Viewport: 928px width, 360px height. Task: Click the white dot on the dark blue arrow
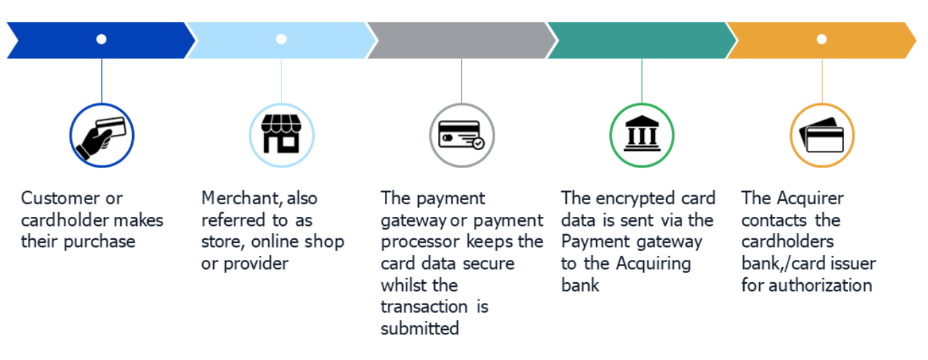[x=101, y=40]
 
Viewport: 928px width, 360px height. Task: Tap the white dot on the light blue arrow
[x=281, y=40]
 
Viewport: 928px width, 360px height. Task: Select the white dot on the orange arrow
[x=822, y=40]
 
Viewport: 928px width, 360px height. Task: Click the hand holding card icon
[x=101, y=138]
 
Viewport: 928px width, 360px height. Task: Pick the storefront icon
[x=281, y=133]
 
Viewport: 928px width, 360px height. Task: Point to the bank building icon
[x=642, y=133]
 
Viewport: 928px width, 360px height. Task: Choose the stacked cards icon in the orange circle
[x=822, y=135]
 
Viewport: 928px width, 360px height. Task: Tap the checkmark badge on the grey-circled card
[x=479, y=144]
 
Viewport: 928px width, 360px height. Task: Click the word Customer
[x=60, y=198]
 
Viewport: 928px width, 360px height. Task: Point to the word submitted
[x=420, y=329]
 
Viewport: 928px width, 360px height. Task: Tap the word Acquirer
[x=811, y=199]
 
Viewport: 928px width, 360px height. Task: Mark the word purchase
[x=99, y=242]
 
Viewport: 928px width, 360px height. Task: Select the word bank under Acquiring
[x=580, y=285]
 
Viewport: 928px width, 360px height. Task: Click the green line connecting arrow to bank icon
[x=642, y=81]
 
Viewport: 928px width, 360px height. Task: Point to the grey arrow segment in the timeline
[x=461, y=40]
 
